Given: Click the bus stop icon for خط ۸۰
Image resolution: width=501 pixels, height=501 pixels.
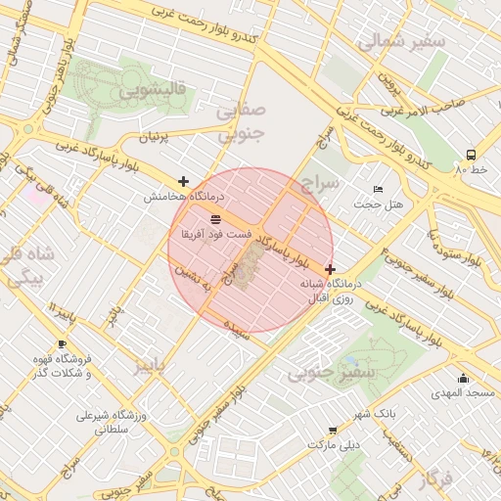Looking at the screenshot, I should [x=472, y=155].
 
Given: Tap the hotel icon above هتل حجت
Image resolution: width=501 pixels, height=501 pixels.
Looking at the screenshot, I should [x=378, y=189].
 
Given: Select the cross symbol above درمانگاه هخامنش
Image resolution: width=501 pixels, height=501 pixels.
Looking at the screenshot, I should [x=183, y=181].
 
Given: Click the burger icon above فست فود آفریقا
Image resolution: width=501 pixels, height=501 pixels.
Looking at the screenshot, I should [x=215, y=219].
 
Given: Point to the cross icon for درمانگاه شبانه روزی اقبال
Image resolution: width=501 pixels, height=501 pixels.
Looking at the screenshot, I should [x=330, y=268].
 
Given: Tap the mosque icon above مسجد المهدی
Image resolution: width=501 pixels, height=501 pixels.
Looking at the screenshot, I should [x=463, y=379].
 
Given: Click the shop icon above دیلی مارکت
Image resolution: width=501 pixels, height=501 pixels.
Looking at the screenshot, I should [x=334, y=430].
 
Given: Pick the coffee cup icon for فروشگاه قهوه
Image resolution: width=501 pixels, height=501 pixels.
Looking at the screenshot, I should [x=62, y=344].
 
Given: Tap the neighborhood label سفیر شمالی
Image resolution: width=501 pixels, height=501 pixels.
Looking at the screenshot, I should [x=401, y=42].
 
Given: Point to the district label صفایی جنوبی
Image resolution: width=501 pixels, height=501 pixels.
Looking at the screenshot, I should [x=239, y=124].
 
